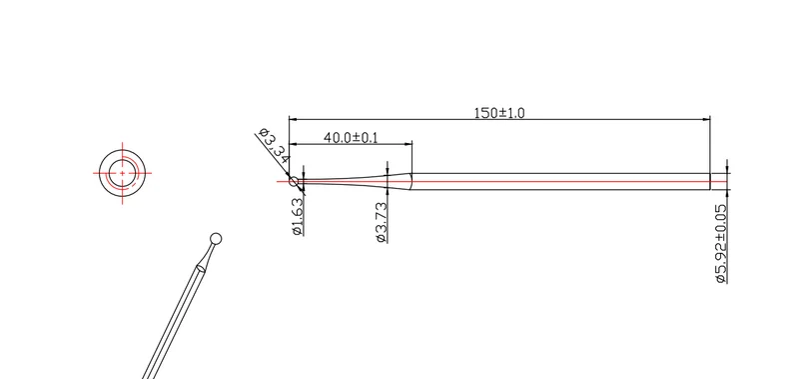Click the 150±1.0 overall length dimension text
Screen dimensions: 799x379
pos(498,113)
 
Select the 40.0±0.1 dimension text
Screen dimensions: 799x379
pos(351,137)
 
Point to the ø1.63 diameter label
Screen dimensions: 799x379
pos(298,216)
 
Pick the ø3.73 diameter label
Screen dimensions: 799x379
pos(382,223)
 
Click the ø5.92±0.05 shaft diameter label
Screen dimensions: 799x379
pos(721,244)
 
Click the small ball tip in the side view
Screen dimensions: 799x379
pos(294,181)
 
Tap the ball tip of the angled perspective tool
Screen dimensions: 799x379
pos(216,238)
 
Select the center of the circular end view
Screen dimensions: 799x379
pos(122,173)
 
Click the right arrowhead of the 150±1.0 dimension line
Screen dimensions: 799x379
pos(706,119)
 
